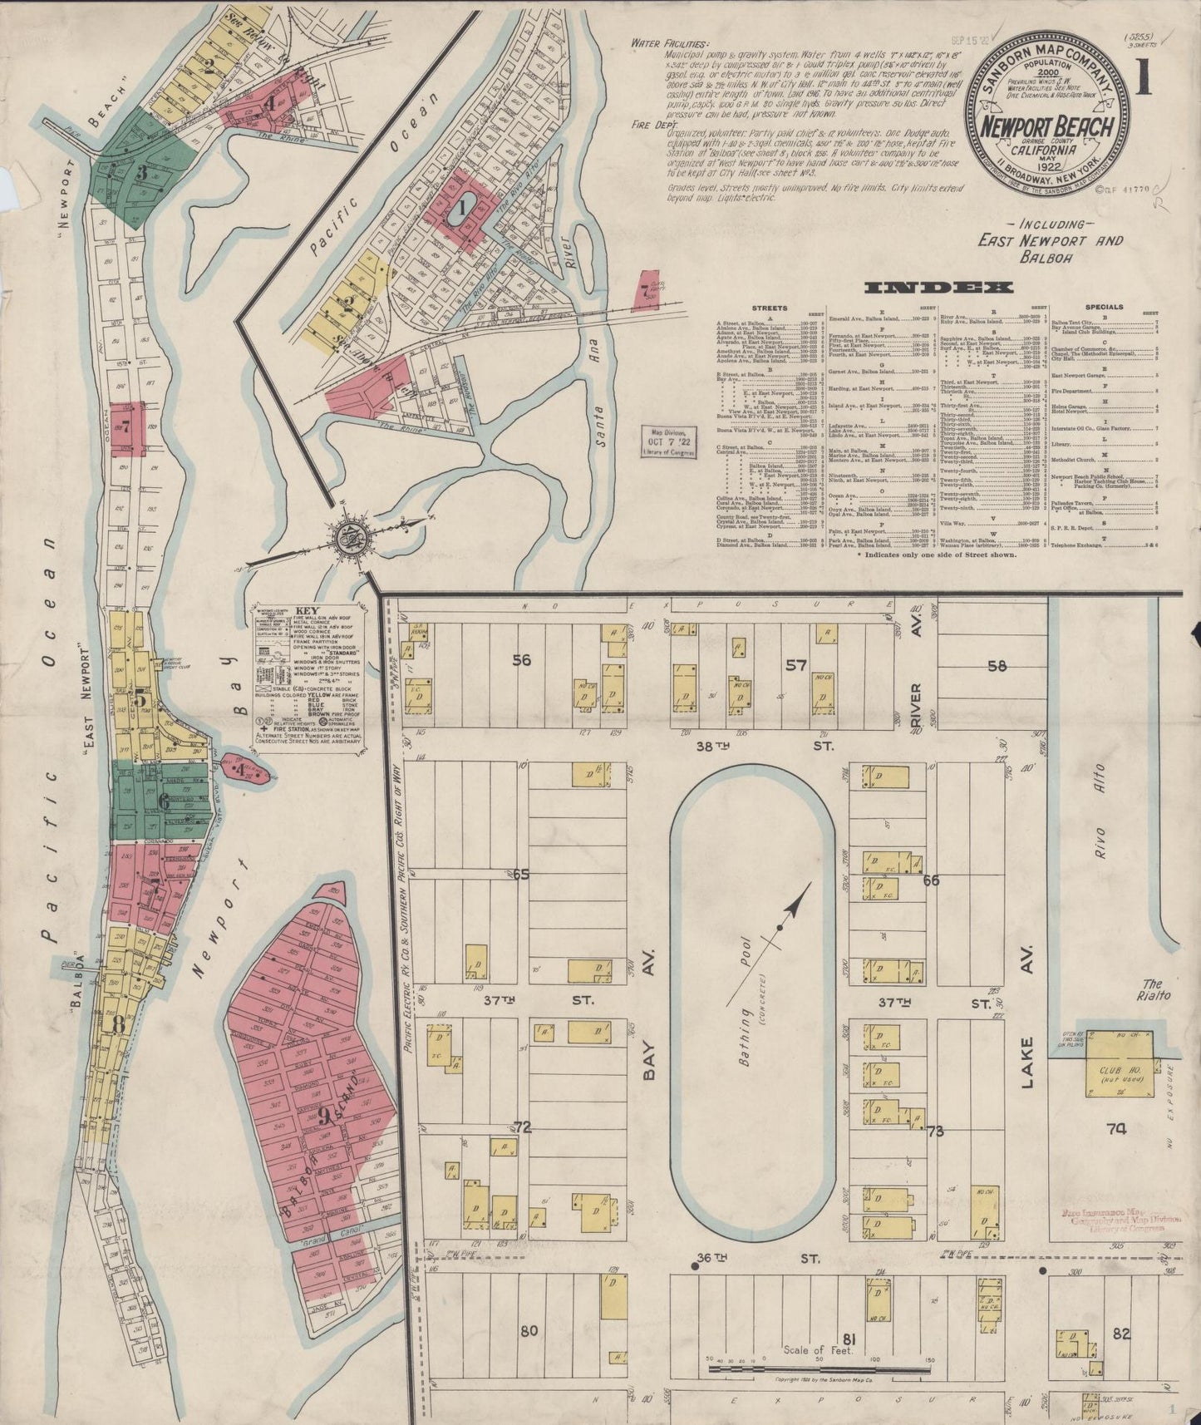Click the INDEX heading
point(938,288)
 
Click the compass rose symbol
point(347,539)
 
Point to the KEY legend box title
point(308,609)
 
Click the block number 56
point(521,661)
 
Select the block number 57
point(795,665)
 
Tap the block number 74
point(1116,1129)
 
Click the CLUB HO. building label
point(1117,1071)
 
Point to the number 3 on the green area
point(142,174)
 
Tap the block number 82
point(1121,1334)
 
